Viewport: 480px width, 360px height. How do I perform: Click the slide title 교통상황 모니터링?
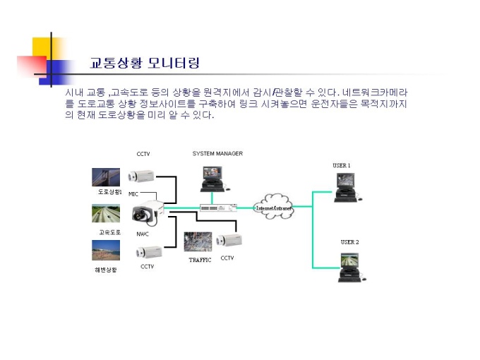click(x=145, y=63)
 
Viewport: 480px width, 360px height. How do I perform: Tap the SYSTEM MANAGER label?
click(x=217, y=153)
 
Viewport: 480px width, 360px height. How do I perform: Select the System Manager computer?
click(x=213, y=177)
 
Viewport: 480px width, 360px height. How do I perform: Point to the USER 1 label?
click(x=342, y=165)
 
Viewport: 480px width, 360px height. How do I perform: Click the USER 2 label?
click(x=349, y=242)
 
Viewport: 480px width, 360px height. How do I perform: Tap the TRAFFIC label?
click(x=200, y=260)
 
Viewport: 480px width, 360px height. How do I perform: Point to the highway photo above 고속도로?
click(x=105, y=214)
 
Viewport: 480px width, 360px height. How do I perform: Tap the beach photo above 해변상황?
click(x=105, y=250)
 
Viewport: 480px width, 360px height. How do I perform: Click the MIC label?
click(x=133, y=193)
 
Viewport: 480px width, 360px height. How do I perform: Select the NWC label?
click(x=142, y=234)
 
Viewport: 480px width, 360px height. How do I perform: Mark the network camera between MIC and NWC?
click(x=148, y=211)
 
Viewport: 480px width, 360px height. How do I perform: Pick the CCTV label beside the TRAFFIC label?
click(x=227, y=258)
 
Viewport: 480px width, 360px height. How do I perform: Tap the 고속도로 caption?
click(x=110, y=232)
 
